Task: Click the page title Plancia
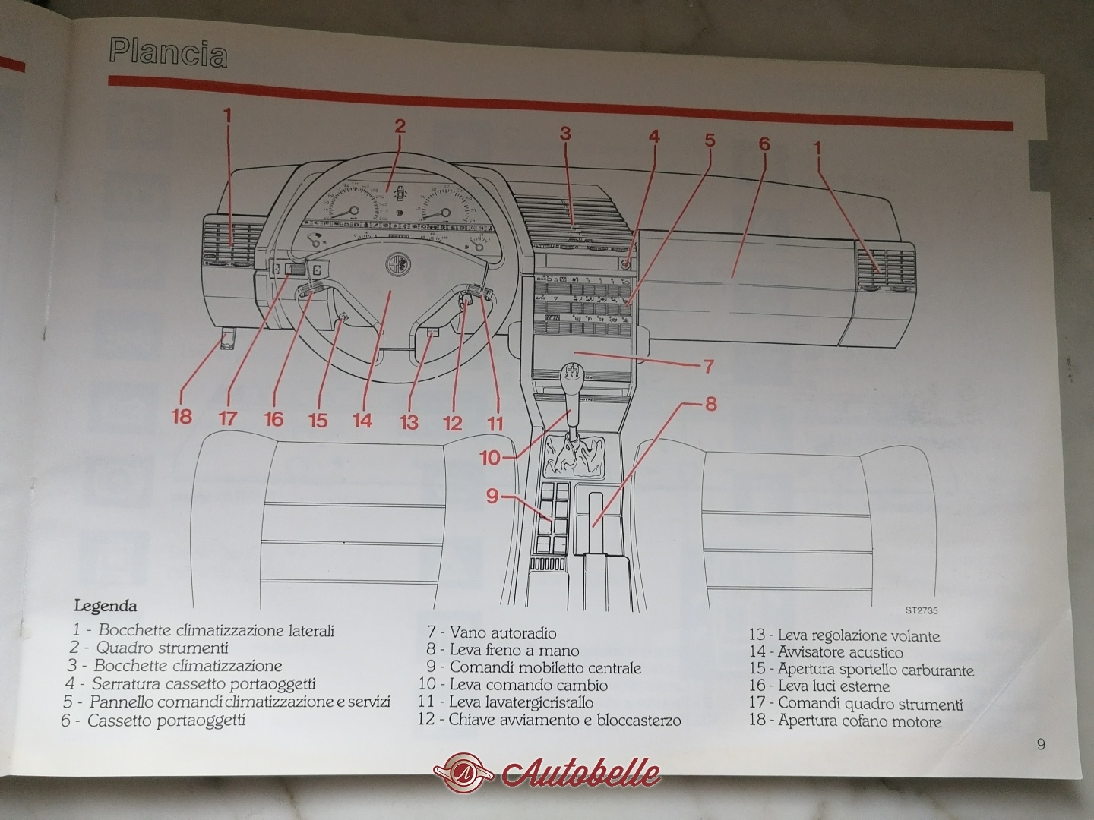168,54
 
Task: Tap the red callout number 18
182,417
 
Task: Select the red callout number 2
400,127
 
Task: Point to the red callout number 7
708,367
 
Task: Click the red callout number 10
490,458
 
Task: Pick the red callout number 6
764,144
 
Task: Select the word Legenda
106,607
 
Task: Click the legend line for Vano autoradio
492,632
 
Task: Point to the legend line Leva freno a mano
503,650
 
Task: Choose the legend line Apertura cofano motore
846,721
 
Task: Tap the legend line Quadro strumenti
149,648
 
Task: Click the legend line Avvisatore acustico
826,651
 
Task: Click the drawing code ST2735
922,610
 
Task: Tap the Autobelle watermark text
580,772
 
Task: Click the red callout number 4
654,136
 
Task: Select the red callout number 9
492,497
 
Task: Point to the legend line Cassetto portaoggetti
153,721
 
